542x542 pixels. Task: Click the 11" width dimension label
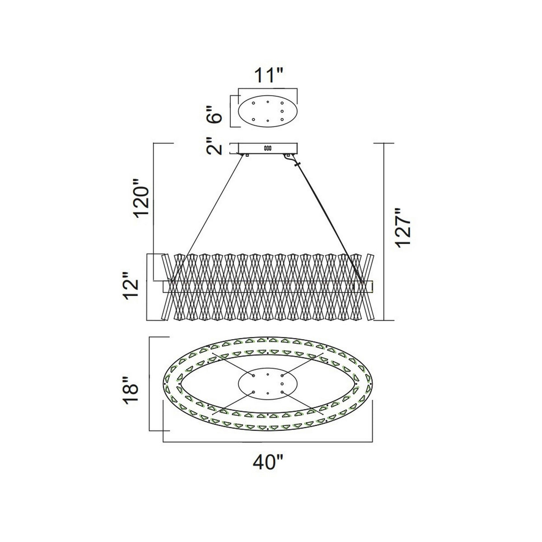point(268,75)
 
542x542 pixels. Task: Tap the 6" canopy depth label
point(214,114)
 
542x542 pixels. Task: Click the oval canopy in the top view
point(267,111)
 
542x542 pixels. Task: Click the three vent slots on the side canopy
point(267,148)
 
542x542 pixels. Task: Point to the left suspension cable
point(207,218)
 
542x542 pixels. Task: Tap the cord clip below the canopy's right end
point(297,164)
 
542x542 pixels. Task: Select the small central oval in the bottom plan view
point(267,383)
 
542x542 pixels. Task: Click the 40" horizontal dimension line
point(268,442)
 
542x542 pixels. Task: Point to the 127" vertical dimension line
point(384,232)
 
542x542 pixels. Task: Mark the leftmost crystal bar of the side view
point(167,287)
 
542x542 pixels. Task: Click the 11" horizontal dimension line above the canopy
point(268,89)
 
